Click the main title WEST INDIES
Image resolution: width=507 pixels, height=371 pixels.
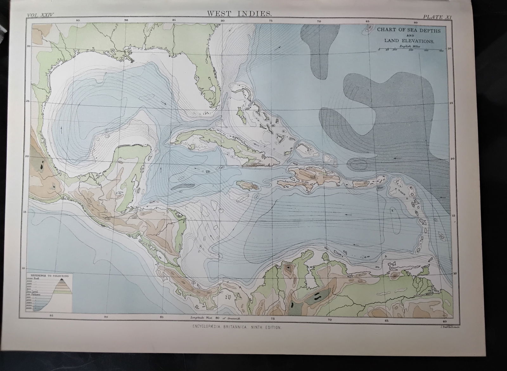239,14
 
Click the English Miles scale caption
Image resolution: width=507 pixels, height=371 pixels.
409,46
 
